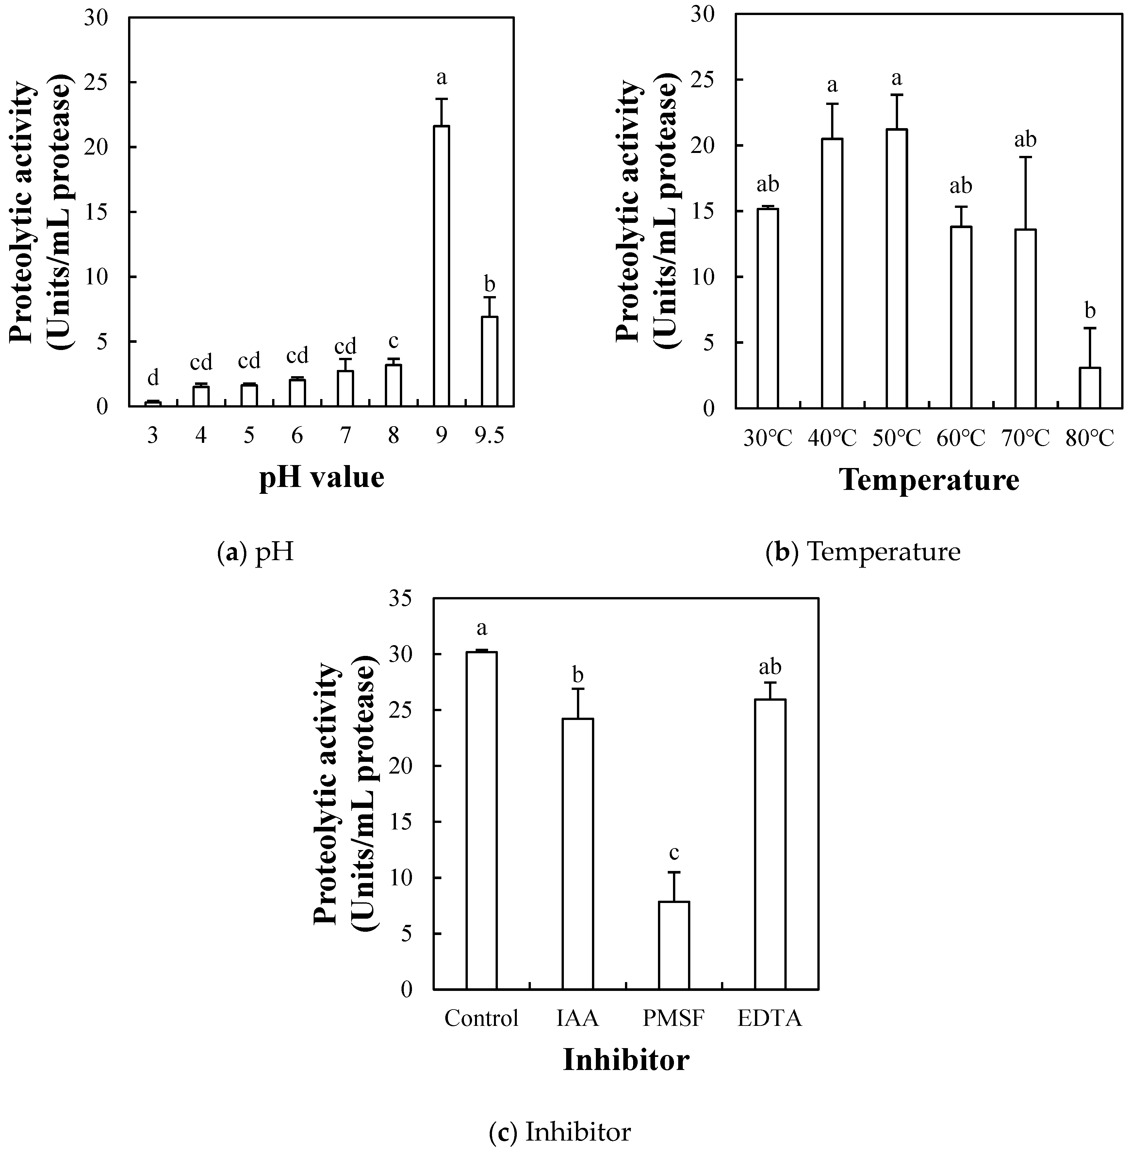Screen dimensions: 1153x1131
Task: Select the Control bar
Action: (x=481, y=821)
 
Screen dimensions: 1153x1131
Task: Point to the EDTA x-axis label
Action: (x=770, y=1019)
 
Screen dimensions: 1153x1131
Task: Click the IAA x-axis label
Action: (x=577, y=1019)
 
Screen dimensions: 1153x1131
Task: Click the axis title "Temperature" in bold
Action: (x=930, y=480)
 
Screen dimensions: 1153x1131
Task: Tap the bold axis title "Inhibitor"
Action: (x=626, y=1060)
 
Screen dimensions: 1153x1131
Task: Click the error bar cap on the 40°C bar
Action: (x=832, y=104)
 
